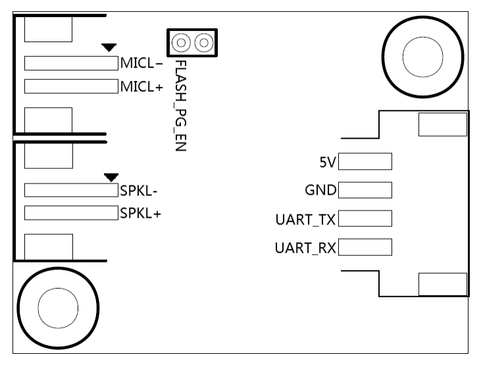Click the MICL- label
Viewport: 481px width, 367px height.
pos(141,64)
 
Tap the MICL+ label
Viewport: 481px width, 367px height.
pos(141,86)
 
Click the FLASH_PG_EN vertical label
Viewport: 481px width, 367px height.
pos(180,105)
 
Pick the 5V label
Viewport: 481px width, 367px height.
pos(327,162)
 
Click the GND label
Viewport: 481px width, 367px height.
pos(320,191)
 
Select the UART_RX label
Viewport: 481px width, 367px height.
pos(305,248)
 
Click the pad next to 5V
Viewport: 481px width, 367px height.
pos(365,162)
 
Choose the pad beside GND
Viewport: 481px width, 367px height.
pos(365,190)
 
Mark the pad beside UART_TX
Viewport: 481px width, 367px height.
pos(365,218)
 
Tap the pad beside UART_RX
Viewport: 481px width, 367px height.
pos(365,247)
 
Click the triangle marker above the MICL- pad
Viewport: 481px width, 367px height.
pos(109,47)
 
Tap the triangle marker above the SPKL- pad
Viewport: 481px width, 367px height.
pos(111,176)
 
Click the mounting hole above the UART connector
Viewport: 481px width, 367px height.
pos(423,58)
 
